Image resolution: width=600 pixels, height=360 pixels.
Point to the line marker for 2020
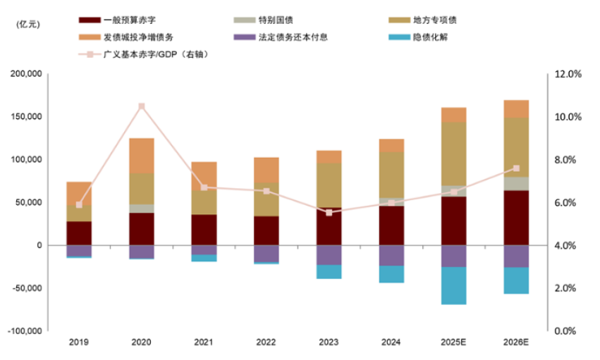coord(142,106)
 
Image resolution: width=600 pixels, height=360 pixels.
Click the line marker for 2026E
coord(516,168)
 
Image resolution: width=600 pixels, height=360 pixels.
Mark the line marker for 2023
coord(329,212)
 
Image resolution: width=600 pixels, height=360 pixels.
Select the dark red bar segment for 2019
coord(79,233)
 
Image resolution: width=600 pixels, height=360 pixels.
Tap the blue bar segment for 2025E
coord(454,285)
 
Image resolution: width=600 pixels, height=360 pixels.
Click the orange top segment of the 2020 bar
coord(142,155)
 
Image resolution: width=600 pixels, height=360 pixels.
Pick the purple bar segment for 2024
coord(391,255)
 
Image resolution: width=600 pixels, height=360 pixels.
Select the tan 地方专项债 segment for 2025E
coord(454,154)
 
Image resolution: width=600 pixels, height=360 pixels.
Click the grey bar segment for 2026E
coord(516,183)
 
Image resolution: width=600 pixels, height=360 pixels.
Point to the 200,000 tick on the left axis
coord(25,74)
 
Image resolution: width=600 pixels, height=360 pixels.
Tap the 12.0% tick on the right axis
coord(566,74)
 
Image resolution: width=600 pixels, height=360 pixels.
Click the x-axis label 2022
coord(267,342)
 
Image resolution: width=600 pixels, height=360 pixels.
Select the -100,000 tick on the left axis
coord(25,331)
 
